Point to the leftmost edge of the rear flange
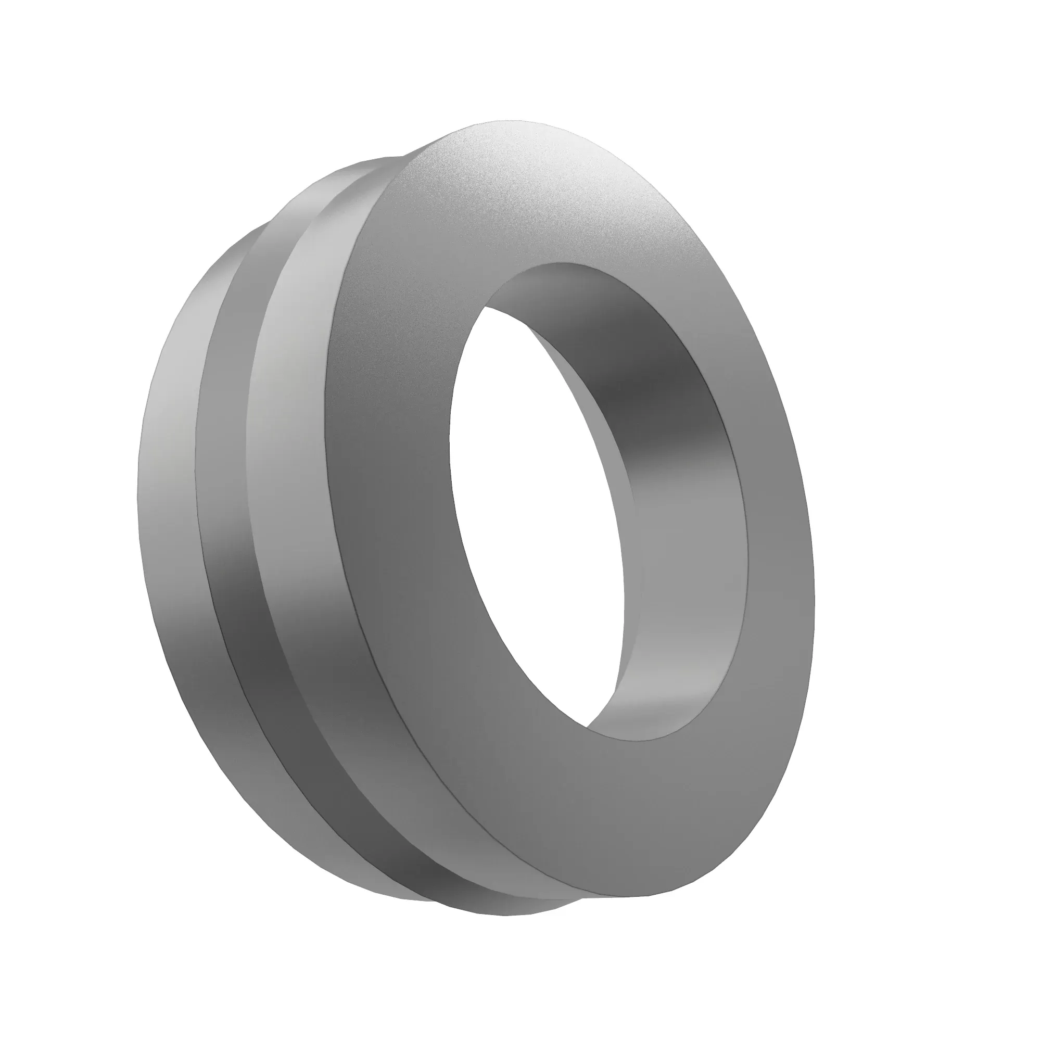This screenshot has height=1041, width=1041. click(x=138, y=485)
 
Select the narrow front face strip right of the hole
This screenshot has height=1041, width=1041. click(x=776, y=539)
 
